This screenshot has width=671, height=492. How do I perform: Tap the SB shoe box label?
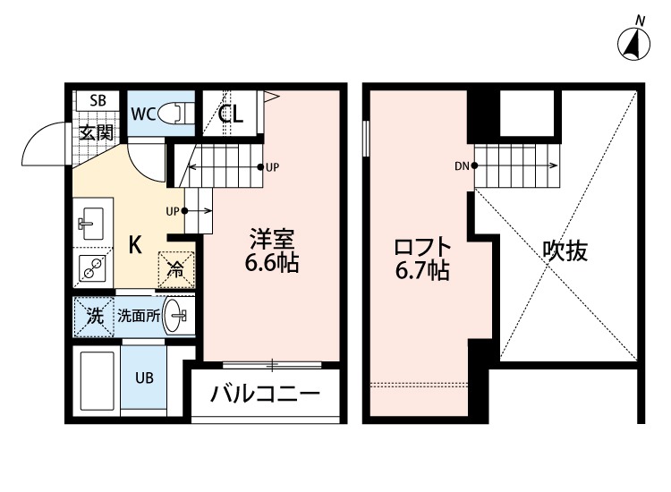[x=98, y=101]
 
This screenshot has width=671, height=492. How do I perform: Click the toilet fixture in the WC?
[x=179, y=114]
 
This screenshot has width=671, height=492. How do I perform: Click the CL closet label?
[x=230, y=115]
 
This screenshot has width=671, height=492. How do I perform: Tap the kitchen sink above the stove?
[x=92, y=221]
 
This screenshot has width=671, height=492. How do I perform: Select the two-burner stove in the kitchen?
[x=91, y=267]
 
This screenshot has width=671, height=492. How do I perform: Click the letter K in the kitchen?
[x=134, y=244]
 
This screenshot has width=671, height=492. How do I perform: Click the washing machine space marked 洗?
[x=93, y=315]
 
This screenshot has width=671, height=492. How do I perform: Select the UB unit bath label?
[x=144, y=377]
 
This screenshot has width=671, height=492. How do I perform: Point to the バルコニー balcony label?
[x=265, y=394]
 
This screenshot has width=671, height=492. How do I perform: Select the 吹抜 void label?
[x=565, y=251]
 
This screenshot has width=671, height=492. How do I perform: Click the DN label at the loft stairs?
[x=462, y=165]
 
